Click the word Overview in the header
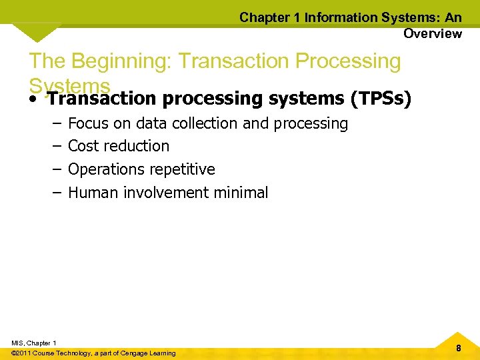(x=432, y=33)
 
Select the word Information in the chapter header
(x=339, y=17)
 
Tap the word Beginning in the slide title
(x=123, y=61)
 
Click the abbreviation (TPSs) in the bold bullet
(x=381, y=99)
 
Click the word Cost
(x=83, y=146)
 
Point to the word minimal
(x=241, y=193)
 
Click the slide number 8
(x=459, y=348)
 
